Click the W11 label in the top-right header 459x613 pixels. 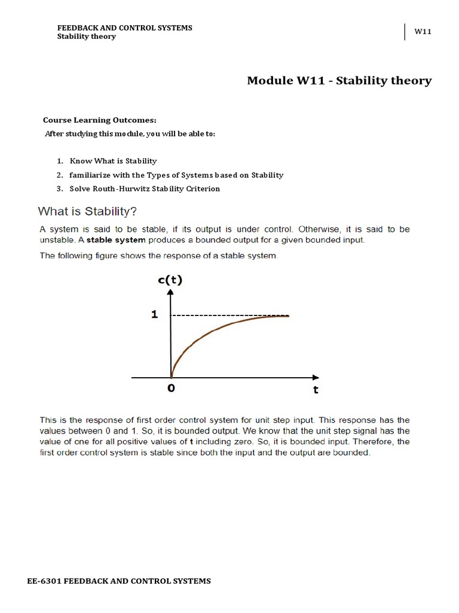click(x=423, y=32)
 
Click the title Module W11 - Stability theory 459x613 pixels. click(x=339, y=81)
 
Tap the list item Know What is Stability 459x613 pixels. click(x=113, y=161)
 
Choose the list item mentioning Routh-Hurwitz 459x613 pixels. click(x=145, y=189)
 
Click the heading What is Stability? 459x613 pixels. click(x=89, y=211)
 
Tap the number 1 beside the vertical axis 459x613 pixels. click(x=154, y=314)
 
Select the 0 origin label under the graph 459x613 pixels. click(x=172, y=389)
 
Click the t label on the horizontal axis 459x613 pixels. click(x=316, y=390)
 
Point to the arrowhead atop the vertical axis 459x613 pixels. click(x=172, y=292)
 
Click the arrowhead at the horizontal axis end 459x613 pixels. click(x=315, y=377)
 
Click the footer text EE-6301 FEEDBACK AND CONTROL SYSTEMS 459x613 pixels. click(x=119, y=581)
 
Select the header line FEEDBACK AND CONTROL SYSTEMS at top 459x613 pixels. click(x=124, y=28)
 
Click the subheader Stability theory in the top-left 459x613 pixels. click(x=86, y=37)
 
